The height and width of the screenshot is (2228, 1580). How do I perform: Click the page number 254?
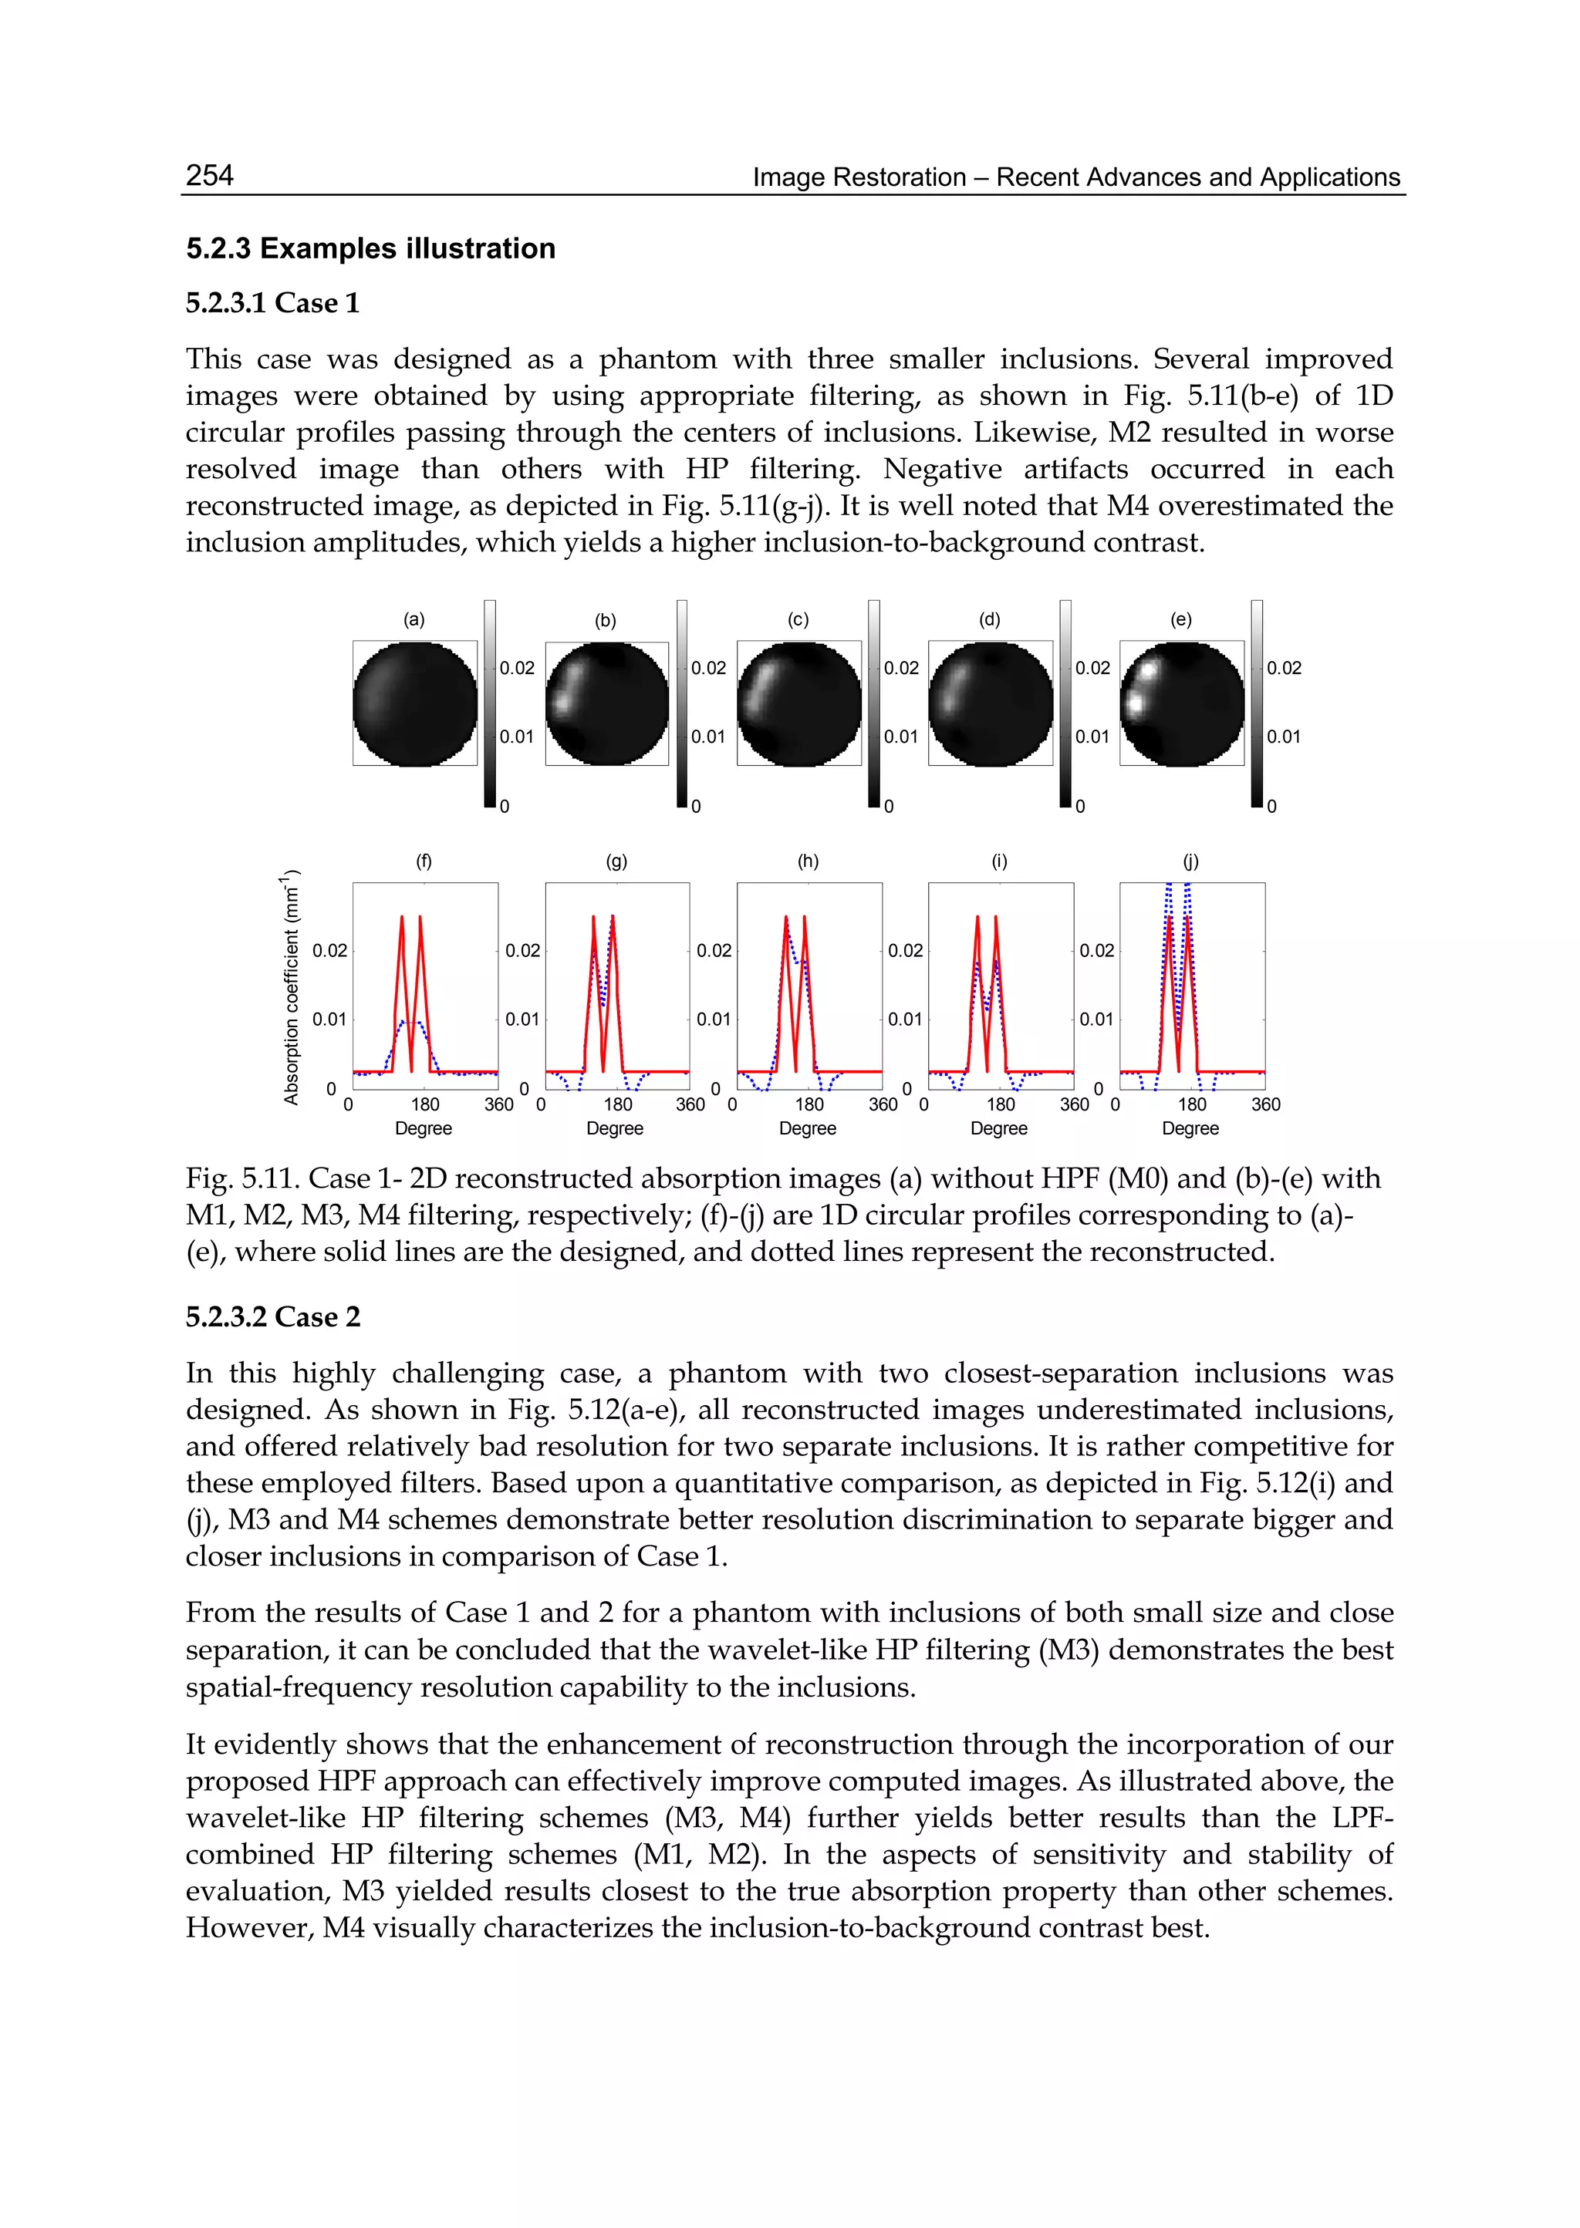click(209, 175)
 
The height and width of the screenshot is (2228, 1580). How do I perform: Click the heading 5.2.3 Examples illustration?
click(370, 249)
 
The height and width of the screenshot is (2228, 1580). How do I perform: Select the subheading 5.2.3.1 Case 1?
click(272, 303)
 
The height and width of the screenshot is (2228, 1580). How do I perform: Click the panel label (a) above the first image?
click(414, 619)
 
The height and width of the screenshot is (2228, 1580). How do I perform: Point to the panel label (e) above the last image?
click(1181, 619)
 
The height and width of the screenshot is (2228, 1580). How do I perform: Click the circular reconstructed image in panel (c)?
click(798, 703)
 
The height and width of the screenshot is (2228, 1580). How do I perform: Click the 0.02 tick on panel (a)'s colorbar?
click(517, 668)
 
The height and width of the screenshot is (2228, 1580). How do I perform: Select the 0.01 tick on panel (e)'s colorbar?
click(1283, 737)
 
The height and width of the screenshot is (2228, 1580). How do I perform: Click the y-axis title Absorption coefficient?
click(291, 987)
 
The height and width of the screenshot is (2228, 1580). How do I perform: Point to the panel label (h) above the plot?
click(809, 861)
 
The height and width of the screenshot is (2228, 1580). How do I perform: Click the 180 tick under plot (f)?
click(425, 1105)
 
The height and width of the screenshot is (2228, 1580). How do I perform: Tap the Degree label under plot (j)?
click(1190, 1128)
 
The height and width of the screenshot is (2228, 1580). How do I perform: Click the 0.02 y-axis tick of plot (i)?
click(905, 950)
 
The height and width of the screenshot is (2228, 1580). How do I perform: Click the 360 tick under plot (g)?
click(690, 1105)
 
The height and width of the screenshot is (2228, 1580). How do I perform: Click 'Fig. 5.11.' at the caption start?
click(242, 1178)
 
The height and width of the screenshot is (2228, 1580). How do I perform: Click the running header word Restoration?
click(900, 178)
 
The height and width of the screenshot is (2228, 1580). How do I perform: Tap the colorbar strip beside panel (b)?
click(682, 703)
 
